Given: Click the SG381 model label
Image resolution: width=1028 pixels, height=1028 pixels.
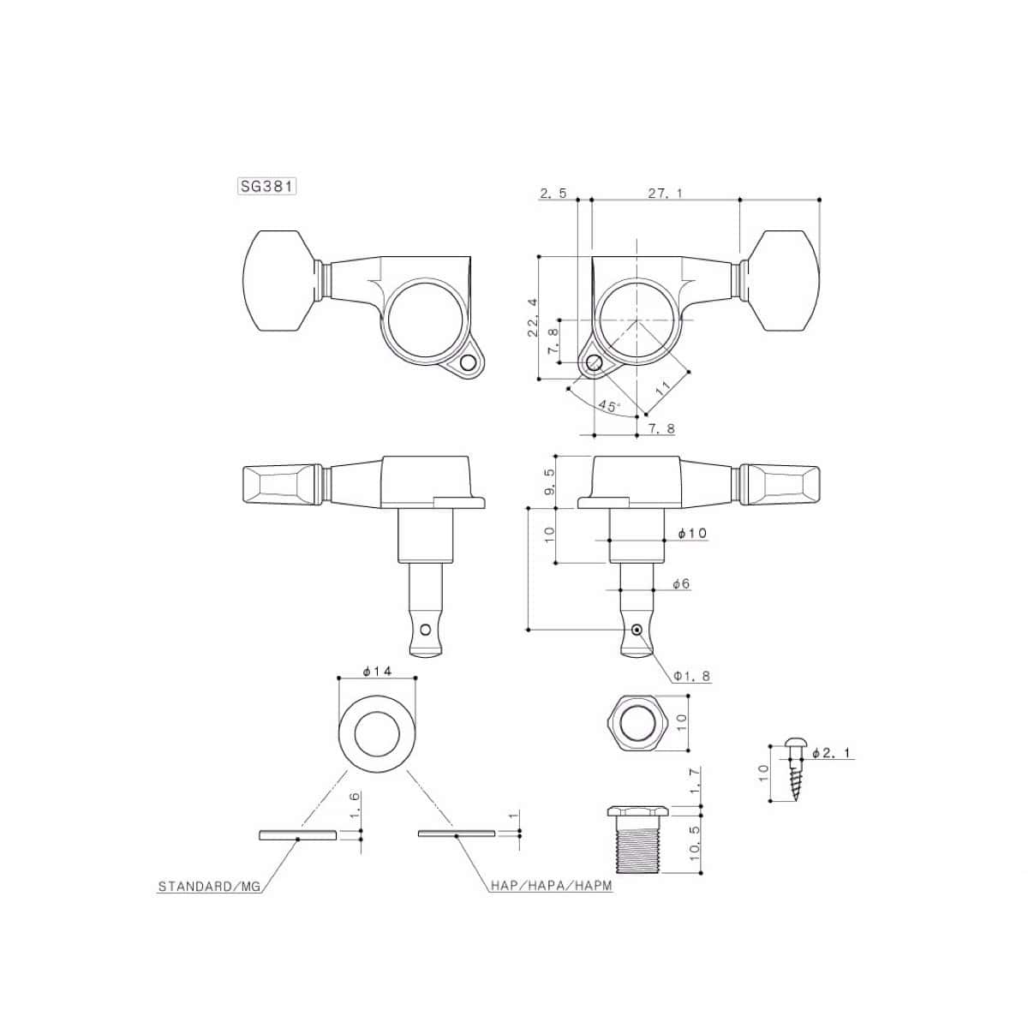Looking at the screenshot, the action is (x=266, y=186).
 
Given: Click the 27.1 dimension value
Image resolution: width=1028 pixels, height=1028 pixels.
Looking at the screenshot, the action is (x=666, y=194).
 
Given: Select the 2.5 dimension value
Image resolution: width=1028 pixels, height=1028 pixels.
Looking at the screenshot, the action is (x=553, y=194).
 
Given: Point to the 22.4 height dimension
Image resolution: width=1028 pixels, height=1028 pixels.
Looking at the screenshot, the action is (x=533, y=317).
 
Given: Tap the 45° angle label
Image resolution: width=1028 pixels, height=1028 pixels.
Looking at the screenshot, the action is (x=609, y=405).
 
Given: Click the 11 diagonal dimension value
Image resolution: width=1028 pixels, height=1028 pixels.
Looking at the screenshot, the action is (x=662, y=388).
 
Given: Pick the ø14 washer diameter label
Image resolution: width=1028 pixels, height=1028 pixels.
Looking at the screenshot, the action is (x=377, y=671).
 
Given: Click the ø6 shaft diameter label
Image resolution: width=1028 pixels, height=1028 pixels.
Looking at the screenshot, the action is (x=681, y=584).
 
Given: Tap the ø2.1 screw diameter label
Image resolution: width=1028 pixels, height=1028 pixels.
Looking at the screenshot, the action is (x=832, y=753).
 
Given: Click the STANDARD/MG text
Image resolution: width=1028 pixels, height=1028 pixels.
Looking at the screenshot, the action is (x=209, y=887).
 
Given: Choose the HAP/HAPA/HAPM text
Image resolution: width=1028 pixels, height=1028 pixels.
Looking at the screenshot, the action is (x=552, y=886).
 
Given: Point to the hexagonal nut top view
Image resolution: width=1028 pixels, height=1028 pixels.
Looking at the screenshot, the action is (x=638, y=724).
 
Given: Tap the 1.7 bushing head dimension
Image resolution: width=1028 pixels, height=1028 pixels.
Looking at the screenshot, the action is (x=695, y=781).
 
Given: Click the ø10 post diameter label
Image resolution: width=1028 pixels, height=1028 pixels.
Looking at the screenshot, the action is (x=692, y=533).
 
